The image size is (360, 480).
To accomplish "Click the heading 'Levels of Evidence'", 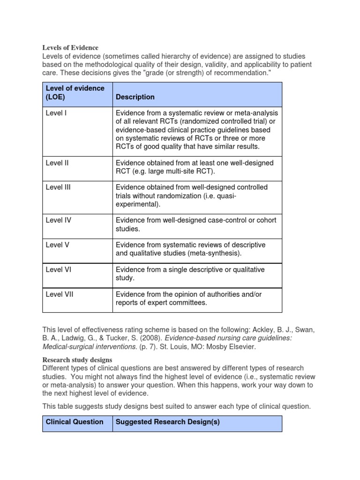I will tap(70, 47).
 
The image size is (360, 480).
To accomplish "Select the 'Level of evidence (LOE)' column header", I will tap(75, 92).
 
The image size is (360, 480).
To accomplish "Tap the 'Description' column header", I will tap(135, 97).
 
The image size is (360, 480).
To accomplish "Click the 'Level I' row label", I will tap(56, 113).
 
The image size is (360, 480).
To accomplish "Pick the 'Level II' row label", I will tap(57, 163).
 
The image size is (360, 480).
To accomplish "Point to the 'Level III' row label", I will tap(58, 187).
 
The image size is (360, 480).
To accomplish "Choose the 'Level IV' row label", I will tap(58, 220).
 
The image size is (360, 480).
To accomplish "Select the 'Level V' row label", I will tap(57, 245).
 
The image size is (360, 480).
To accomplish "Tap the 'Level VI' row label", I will tap(58, 270).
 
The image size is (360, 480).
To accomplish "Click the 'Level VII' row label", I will tap(60, 294).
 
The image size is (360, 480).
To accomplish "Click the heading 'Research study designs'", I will tap(77, 360).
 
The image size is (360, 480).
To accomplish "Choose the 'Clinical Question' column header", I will tap(75, 422).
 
